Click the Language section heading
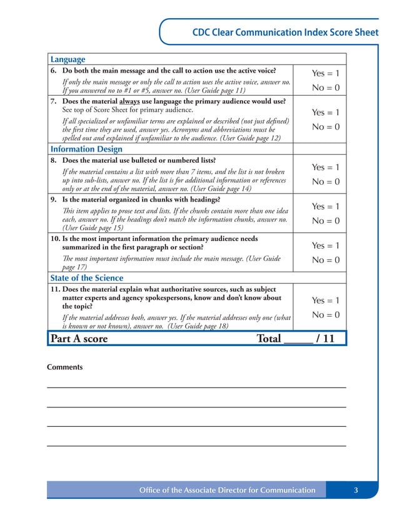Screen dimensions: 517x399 pos(68,59)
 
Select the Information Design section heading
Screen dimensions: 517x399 pos(86,149)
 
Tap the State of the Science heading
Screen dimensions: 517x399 pos(86,278)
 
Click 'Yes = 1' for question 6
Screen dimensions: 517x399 pos(325,74)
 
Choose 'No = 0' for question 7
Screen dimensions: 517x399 pos(325,127)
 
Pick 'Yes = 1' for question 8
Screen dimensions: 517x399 pos(325,168)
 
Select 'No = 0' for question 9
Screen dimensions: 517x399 pos(325,221)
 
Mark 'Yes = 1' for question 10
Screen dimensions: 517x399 pos(325,246)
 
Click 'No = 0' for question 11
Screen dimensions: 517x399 pos(325,315)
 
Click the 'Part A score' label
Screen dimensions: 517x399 pos(79,339)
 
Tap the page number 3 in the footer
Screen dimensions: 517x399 pos(355,490)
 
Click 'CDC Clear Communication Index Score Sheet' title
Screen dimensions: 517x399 pos(285,33)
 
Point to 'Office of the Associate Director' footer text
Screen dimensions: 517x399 pos(227,490)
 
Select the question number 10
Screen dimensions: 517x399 pos(54,239)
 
